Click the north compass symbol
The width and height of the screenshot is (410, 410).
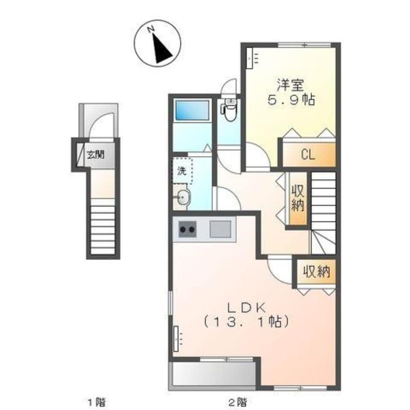click(158, 44)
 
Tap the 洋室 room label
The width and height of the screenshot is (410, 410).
click(290, 85)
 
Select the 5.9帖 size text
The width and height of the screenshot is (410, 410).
click(290, 100)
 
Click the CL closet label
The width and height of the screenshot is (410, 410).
click(308, 155)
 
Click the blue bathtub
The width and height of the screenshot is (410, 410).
click(192, 110)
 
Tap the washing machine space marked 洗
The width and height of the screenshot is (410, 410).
click(182, 171)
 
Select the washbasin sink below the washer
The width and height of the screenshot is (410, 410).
click(184, 197)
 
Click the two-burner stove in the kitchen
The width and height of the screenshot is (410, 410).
click(188, 229)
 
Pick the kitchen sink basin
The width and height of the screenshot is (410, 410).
click(221, 229)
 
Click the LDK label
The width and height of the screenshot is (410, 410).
click(247, 308)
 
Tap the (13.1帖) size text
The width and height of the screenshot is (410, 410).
click(246, 322)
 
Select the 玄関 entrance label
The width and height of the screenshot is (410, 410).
click(95, 155)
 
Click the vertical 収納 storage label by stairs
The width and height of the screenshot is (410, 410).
click(298, 198)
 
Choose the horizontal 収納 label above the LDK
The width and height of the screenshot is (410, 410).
click(316, 272)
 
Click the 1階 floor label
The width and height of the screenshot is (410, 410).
click(97, 402)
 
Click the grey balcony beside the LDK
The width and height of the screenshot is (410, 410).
click(212, 375)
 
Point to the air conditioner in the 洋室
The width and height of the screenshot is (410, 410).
click(250, 59)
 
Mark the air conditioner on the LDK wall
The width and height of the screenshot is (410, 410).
click(176, 339)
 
